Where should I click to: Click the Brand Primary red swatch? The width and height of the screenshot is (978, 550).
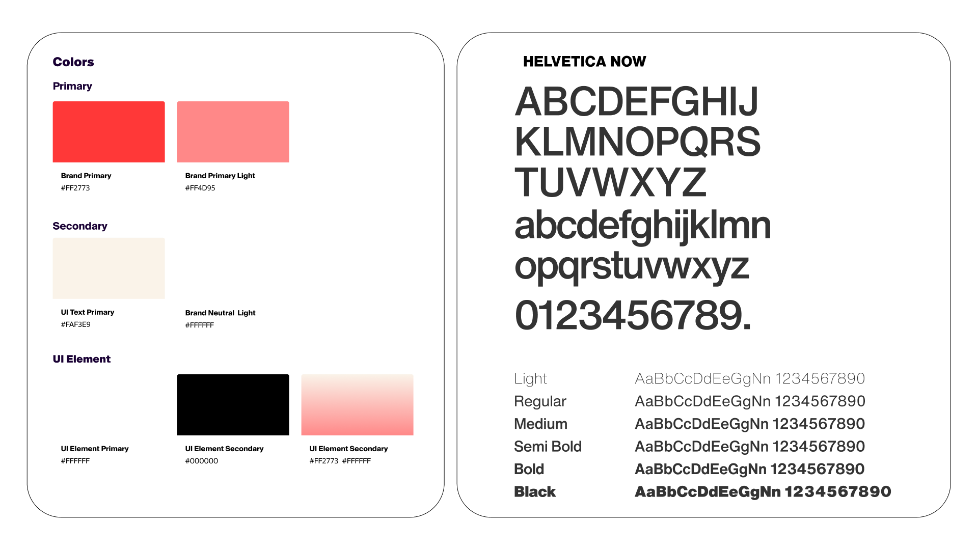pyautogui.click(x=108, y=132)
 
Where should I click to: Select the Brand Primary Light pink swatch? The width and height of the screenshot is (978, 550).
pyautogui.click(x=233, y=132)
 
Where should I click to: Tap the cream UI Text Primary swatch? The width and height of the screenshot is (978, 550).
pyautogui.click(x=108, y=268)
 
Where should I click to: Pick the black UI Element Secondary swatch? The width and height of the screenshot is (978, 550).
pyautogui.click(x=233, y=405)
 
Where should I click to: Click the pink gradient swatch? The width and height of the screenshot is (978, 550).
pyautogui.click(x=357, y=405)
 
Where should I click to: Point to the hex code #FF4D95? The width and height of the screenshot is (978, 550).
pyautogui.click(x=200, y=188)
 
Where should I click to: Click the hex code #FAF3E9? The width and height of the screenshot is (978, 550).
pyautogui.click(x=76, y=324)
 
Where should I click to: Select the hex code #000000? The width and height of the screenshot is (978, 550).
pyautogui.click(x=202, y=461)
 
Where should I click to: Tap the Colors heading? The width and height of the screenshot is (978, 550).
pyautogui.click(x=73, y=62)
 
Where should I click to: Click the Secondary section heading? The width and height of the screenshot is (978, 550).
pyautogui.click(x=80, y=226)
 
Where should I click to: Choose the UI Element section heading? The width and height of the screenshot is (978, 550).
pyautogui.click(x=81, y=359)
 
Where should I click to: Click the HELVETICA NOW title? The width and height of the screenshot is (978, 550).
pyautogui.click(x=584, y=62)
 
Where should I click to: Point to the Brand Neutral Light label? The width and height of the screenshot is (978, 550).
pyautogui.click(x=221, y=313)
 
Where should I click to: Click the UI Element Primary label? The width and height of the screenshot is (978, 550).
pyautogui.click(x=95, y=449)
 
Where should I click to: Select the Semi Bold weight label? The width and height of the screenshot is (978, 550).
pyautogui.click(x=548, y=447)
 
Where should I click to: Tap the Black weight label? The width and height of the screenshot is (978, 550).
pyautogui.click(x=535, y=492)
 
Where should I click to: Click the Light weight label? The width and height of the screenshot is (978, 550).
pyautogui.click(x=530, y=379)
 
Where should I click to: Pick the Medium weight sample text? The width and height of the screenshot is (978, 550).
pyautogui.click(x=750, y=424)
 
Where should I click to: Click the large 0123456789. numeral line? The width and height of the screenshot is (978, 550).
pyautogui.click(x=633, y=315)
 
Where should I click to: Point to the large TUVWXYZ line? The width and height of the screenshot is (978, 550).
pyautogui.click(x=610, y=182)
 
